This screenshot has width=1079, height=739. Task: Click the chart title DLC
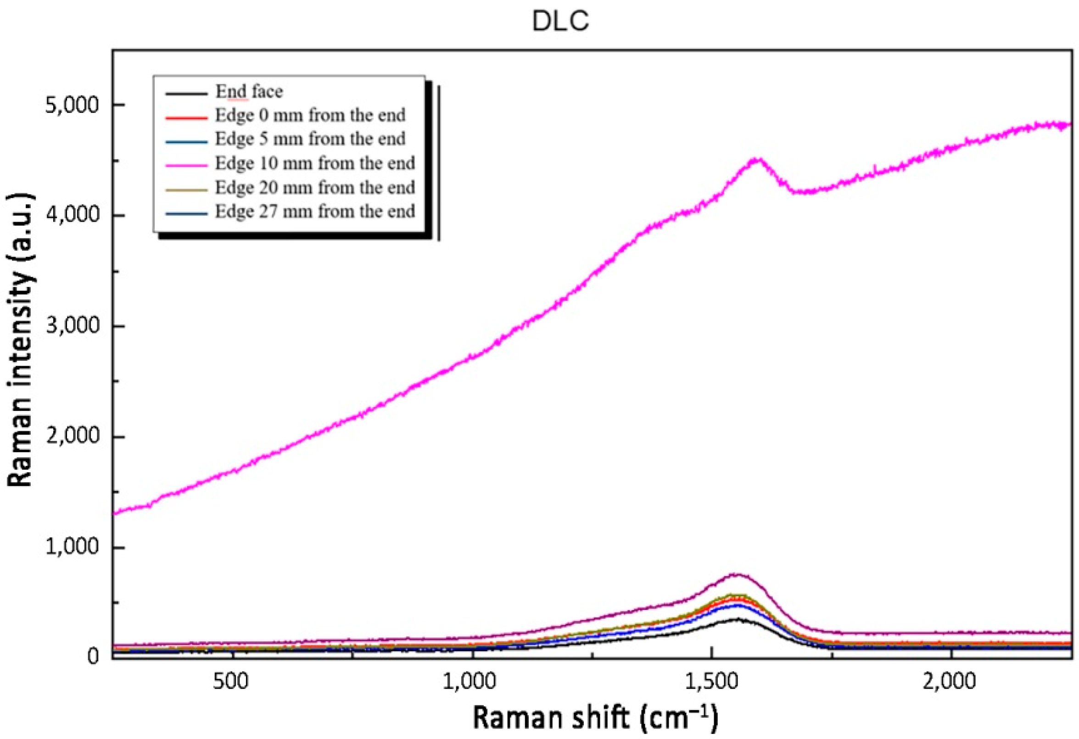pos(560,22)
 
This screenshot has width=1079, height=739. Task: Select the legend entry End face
pos(249,91)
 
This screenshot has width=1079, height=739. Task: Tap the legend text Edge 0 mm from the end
pos(310,115)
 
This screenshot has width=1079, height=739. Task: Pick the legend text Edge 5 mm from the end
pos(310,139)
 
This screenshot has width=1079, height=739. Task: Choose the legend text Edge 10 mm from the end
pos(314,163)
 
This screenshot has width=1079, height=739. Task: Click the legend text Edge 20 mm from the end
pos(314,188)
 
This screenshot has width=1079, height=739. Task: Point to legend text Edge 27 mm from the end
pos(314,212)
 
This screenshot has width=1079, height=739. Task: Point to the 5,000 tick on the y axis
pos(72,106)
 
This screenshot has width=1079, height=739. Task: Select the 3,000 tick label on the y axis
pos(72,326)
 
